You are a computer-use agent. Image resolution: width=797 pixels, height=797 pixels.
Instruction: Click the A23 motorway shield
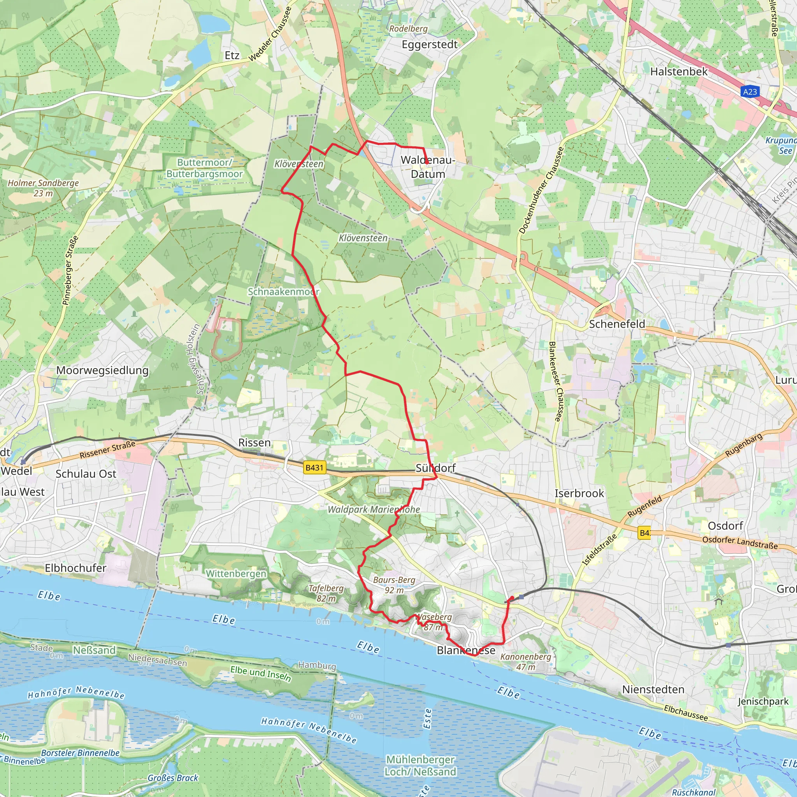(x=750, y=91)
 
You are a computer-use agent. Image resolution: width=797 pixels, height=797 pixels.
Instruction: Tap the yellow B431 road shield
(x=314, y=467)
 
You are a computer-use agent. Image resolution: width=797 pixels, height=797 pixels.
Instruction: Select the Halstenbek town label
(x=679, y=71)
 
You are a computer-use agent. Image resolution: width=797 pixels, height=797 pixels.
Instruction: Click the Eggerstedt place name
(x=430, y=44)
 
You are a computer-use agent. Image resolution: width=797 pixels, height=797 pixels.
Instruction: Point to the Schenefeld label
(x=617, y=324)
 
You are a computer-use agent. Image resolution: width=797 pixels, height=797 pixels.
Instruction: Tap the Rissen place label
(x=255, y=442)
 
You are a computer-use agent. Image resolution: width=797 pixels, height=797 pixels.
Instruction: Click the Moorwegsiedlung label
(x=102, y=370)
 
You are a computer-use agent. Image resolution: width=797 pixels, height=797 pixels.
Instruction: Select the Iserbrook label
(x=579, y=493)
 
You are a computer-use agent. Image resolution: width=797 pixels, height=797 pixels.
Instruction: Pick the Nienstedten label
(x=653, y=689)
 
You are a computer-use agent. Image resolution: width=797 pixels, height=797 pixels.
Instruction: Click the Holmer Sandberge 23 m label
(x=43, y=188)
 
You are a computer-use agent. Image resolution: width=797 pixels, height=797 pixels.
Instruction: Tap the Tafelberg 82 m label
(x=326, y=593)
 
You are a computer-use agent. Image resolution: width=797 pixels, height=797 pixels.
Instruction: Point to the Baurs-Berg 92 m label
(x=394, y=585)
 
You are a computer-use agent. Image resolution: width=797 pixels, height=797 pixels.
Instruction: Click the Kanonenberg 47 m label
(x=525, y=661)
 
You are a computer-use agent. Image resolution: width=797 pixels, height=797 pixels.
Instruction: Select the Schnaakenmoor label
(x=283, y=291)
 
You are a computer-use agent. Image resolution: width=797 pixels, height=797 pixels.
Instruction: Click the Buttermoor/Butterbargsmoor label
(x=205, y=168)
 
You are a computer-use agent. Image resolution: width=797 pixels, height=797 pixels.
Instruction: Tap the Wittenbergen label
(x=236, y=573)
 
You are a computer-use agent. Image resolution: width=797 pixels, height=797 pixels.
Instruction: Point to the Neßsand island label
(x=94, y=650)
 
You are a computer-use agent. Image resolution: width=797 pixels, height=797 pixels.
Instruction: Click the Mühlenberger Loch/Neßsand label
(x=420, y=765)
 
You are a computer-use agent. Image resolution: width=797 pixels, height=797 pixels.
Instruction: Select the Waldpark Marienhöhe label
(x=373, y=509)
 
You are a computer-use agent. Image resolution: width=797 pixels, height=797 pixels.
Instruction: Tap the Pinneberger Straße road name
(x=70, y=270)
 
